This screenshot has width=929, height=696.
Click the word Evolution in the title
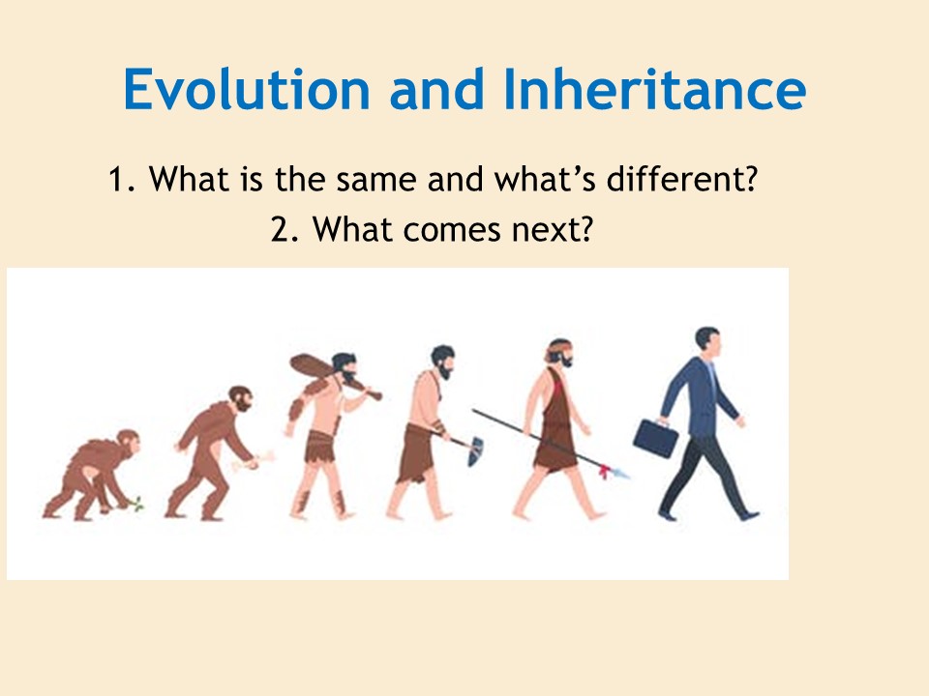point(247,89)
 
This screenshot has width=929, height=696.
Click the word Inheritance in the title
point(655,89)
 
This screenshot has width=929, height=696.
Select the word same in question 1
point(376,180)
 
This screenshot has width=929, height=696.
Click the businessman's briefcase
point(656,437)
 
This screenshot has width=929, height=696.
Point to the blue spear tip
point(621,474)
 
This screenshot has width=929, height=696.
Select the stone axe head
point(476,451)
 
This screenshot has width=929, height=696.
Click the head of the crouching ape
point(129,442)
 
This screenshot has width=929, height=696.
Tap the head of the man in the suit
point(708,341)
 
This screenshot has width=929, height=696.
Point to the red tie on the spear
point(604,472)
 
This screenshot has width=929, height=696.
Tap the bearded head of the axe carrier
point(442,362)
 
